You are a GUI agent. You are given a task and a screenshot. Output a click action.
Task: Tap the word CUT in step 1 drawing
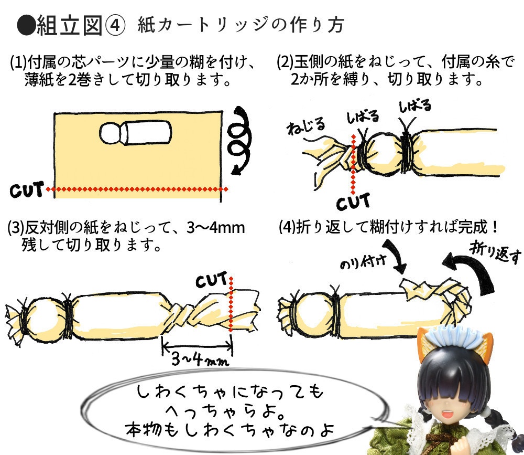(x=26, y=189)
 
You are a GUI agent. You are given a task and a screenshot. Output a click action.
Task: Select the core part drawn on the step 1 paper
(x=135, y=134)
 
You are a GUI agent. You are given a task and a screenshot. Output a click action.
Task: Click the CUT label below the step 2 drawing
(x=353, y=201)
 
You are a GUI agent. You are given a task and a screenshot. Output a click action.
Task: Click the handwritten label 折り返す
(x=496, y=251)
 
